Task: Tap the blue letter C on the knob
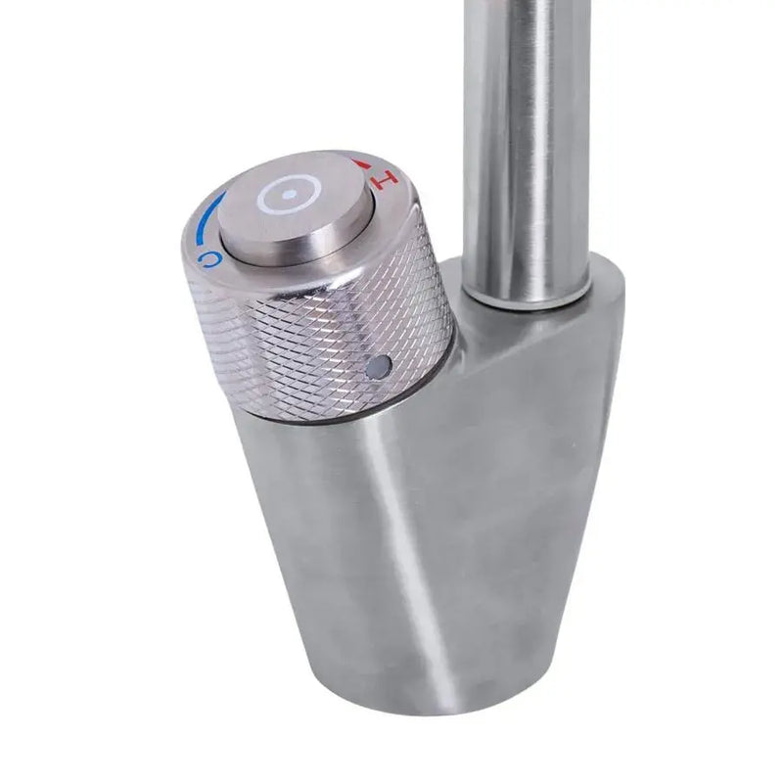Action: (207, 257)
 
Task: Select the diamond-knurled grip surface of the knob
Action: (294, 343)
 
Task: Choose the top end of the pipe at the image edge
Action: (526, 5)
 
